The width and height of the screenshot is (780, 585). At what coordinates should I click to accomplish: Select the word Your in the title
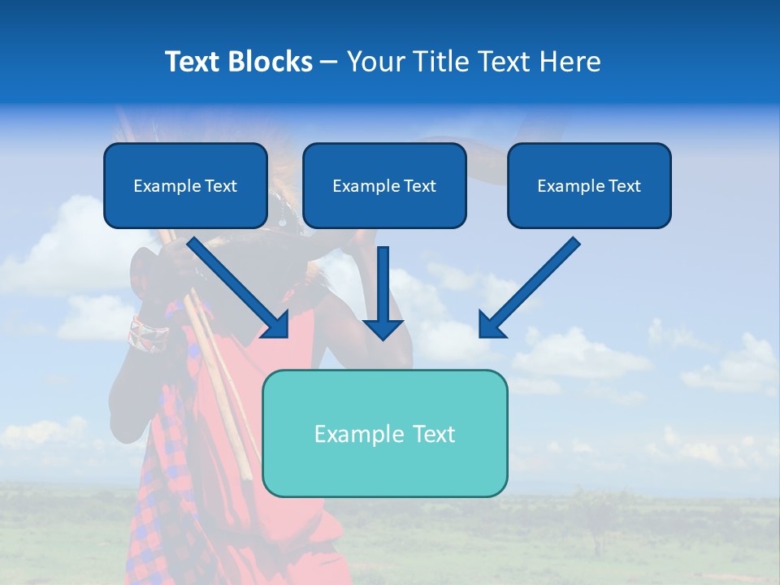(375, 62)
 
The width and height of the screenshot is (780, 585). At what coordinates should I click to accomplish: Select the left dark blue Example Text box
(185, 186)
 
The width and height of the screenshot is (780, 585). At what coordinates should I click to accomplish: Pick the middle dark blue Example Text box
(384, 186)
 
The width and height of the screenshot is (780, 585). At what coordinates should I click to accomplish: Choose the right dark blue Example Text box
(589, 186)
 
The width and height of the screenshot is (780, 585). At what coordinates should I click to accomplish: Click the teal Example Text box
(384, 433)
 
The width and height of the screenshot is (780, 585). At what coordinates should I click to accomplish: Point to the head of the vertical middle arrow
(383, 328)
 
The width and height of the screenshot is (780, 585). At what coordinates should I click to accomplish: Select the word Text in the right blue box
(624, 186)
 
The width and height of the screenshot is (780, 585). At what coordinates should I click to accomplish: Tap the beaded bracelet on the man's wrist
(148, 333)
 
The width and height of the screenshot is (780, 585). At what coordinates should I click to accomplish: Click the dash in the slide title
(329, 62)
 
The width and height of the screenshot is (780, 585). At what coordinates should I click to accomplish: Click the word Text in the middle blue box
(419, 186)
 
